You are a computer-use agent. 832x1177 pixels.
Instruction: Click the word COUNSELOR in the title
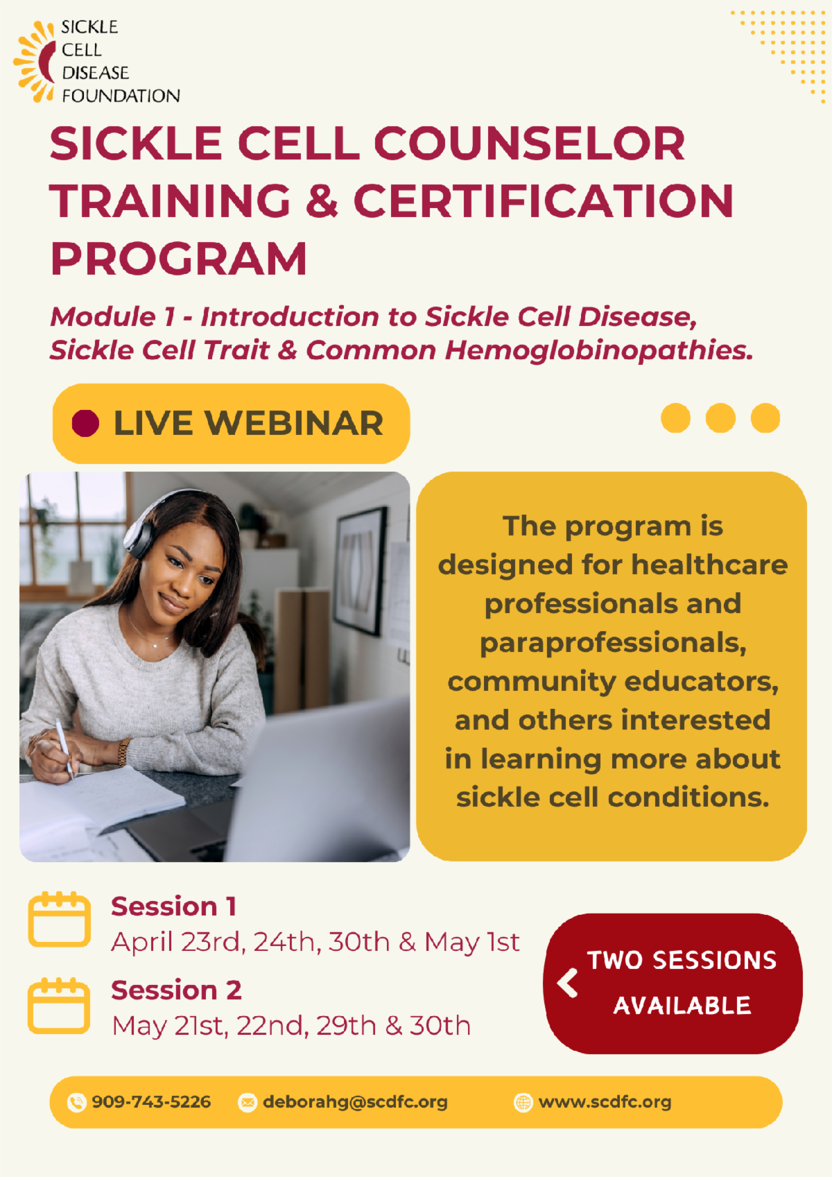click(x=530, y=144)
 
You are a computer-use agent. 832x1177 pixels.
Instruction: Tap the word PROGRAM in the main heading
click(x=178, y=259)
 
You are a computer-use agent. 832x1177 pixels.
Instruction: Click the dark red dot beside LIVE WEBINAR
click(x=86, y=423)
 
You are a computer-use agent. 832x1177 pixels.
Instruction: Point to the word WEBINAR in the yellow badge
click(x=294, y=423)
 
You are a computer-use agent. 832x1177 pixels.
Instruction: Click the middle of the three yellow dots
click(x=720, y=418)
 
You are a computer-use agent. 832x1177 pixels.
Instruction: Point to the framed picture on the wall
click(x=360, y=569)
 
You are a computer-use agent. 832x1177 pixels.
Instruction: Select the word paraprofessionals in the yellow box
click(x=612, y=643)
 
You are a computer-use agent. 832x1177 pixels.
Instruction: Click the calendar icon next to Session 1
click(x=60, y=919)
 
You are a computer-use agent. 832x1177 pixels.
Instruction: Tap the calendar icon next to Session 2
click(x=60, y=1006)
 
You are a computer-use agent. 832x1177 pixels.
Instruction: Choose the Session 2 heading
click(x=176, y=990)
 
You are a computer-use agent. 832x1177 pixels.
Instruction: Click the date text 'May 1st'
click(x=471, y=942)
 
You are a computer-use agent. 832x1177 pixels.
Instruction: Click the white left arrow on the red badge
click(x=568, y=982)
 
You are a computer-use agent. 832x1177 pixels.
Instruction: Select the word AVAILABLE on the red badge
click(x=682, y=1005)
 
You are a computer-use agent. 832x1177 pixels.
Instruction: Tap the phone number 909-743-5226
click(x=151, y=1101)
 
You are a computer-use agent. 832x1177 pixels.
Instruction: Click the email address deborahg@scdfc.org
click(x=355, y=1101)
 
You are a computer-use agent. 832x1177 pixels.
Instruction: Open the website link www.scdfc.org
click(x=605, y=1101)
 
